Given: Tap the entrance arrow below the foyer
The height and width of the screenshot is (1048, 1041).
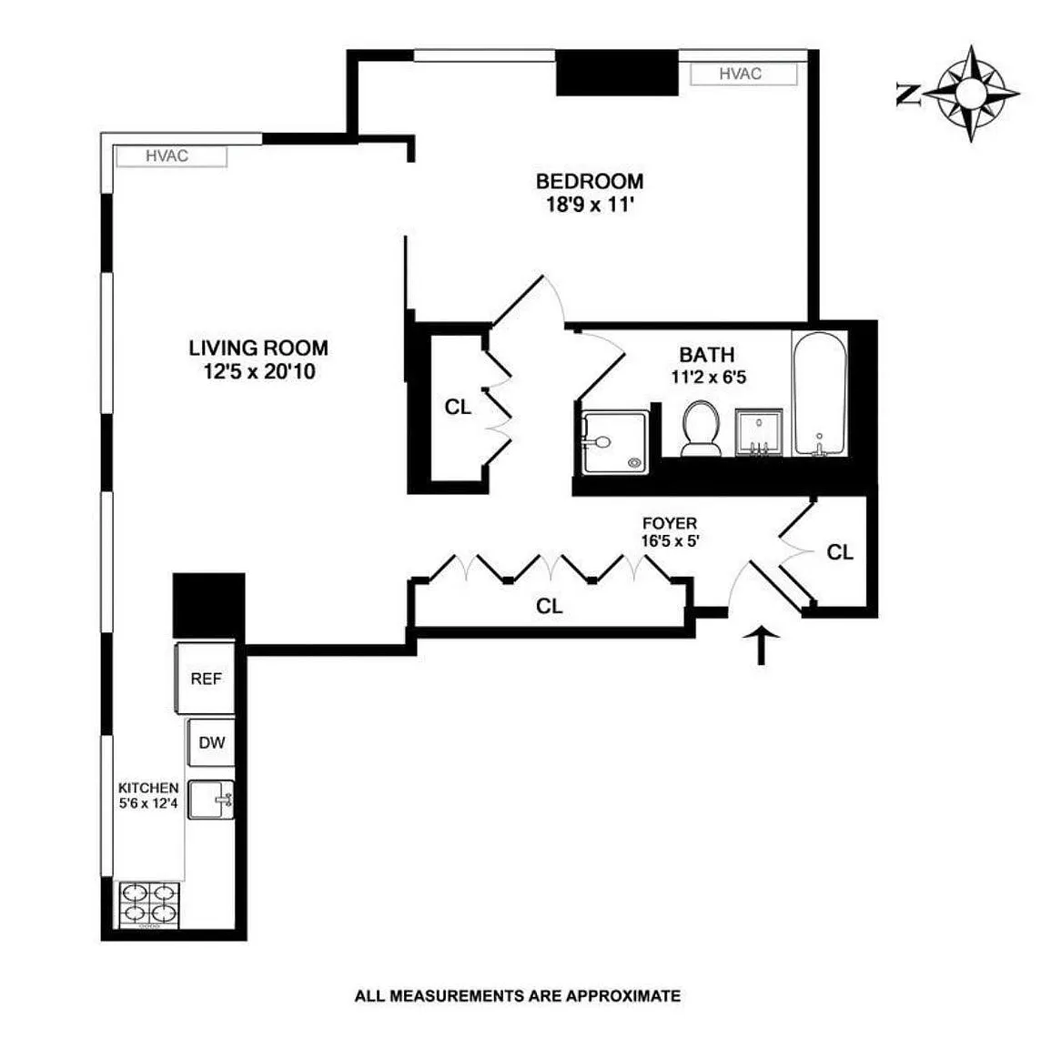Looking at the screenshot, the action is tap(761, 645).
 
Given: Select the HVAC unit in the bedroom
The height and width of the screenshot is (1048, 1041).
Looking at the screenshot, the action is tap(743, 75).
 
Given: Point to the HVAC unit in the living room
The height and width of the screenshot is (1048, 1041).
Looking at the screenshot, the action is tap(171, 156).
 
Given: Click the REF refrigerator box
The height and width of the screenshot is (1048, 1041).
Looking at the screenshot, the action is tap(206, 679).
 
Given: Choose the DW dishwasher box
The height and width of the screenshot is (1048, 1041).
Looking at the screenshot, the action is tap(211, 742).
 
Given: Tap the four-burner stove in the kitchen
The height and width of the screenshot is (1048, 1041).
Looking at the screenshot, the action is tap(150, 905).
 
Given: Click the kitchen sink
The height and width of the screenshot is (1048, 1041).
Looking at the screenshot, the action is tap(211, 800).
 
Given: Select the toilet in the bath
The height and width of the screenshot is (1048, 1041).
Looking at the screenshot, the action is tap(701, 428).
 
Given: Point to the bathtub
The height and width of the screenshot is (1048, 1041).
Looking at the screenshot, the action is tap(820, 394).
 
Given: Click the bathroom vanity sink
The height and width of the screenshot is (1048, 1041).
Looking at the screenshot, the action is tap(759, 432).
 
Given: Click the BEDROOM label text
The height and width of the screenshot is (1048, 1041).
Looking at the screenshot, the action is tap(590, 181).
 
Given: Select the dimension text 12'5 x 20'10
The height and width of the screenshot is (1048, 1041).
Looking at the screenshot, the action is tap(259, 371).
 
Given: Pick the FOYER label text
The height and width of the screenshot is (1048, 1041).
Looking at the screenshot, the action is tap(669, 523).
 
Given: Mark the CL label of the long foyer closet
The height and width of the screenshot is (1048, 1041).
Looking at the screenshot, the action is tap(549, 606).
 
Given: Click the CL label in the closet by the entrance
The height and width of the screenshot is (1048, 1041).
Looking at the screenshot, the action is tap(840, 552).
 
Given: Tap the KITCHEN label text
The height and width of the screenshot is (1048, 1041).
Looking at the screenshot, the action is tap(148, 788).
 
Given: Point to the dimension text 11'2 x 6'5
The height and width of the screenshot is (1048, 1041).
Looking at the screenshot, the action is tap(709, 378).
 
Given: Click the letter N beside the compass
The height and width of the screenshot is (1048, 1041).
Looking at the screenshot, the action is tap(908, 95).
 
